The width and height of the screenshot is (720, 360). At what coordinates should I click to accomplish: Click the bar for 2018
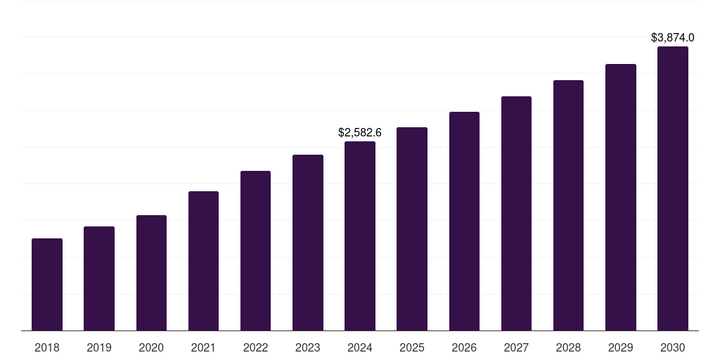coord(47,285)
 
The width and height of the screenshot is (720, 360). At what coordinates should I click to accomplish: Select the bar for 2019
coord(99,278)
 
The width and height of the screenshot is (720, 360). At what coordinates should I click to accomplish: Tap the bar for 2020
coord(151,273)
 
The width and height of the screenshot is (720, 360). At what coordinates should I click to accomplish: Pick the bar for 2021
coord(203,261)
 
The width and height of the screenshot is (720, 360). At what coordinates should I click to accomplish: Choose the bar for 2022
coord(255,251)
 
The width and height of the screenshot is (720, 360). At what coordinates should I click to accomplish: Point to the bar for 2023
coord(308,243)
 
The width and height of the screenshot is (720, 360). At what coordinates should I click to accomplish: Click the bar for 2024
coord(360,236)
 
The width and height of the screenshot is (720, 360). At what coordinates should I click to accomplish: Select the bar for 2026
coord(464,221)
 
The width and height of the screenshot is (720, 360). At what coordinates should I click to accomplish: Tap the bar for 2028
coord(568,205)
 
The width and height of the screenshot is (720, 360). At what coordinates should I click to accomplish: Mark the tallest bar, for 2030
coord(673,188)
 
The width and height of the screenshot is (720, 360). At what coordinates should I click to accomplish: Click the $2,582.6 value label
coord(360,132)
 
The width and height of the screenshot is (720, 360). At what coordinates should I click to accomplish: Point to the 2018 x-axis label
coord(47,347)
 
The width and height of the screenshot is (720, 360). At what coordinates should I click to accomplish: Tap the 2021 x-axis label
coord(203,347)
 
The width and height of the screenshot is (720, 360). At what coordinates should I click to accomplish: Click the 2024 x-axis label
coord(360,347)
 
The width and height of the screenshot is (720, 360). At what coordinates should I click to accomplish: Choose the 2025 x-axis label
coord(412,347)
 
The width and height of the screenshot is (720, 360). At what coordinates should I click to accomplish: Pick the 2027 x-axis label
coord(516,347)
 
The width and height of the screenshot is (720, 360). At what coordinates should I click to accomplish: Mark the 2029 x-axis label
coord(621,347)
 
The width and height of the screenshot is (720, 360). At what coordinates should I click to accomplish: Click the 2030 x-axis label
coord(673,347)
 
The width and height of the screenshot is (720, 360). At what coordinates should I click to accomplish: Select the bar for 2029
coord(621,198)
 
